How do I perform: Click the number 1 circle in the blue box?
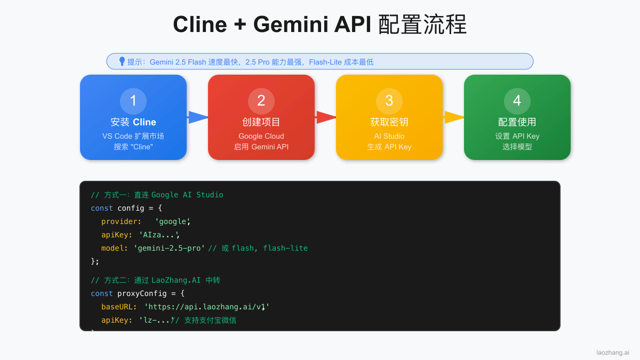coord(133,101)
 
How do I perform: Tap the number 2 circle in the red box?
coord(261,101)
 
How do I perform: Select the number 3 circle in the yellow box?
coord(389,101)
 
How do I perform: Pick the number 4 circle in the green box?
coord(517,101)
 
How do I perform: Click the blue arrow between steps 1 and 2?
coord(198,117)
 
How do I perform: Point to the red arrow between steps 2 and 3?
coord(326,117)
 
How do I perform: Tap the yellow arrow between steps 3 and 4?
coord(454,117)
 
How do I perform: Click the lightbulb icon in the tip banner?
coord(122,61)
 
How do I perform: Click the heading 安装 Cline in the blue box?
coord(133,122)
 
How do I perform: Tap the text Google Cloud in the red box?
coord(261,136)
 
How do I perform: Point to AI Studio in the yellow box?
coord(389,136)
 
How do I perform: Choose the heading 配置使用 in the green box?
coord(517,122)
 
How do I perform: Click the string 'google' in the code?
coord(172,221)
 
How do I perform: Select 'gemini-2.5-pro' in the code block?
coord(170,248)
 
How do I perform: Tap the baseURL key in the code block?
coord(119,307)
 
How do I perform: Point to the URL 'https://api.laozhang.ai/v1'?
coord(207,307)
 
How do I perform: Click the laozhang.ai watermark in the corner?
coord(612,353)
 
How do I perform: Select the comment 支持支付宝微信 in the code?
coord(210,320)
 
